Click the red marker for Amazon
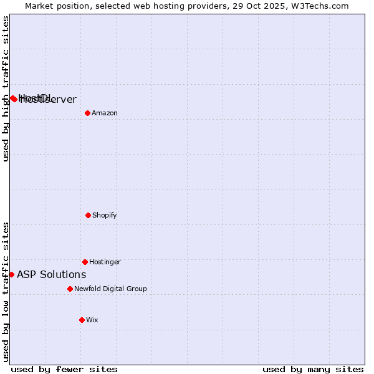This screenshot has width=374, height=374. point(87,113)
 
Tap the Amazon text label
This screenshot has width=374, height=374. point(105,113)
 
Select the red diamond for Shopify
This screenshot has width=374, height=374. point(88,215)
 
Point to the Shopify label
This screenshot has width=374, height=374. point(105,215)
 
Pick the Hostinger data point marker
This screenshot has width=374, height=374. point(85,262)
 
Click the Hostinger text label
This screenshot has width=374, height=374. point(105,262)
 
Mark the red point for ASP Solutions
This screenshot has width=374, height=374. point(11,274)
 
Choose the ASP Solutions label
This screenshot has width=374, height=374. point(51,274)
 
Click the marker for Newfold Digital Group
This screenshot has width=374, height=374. point(70,289)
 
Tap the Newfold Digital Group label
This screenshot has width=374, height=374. point(110,289)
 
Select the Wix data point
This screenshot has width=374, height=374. point(82,320)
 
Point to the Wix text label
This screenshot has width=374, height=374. point(92,320)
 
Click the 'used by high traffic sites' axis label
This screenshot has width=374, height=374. point(6,89)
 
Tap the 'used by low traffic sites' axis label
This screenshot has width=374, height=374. point(6,292)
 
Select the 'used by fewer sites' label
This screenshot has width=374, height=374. point(64,369)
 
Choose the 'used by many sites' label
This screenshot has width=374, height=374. point(313,369)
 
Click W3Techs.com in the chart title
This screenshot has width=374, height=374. point(319,6)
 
